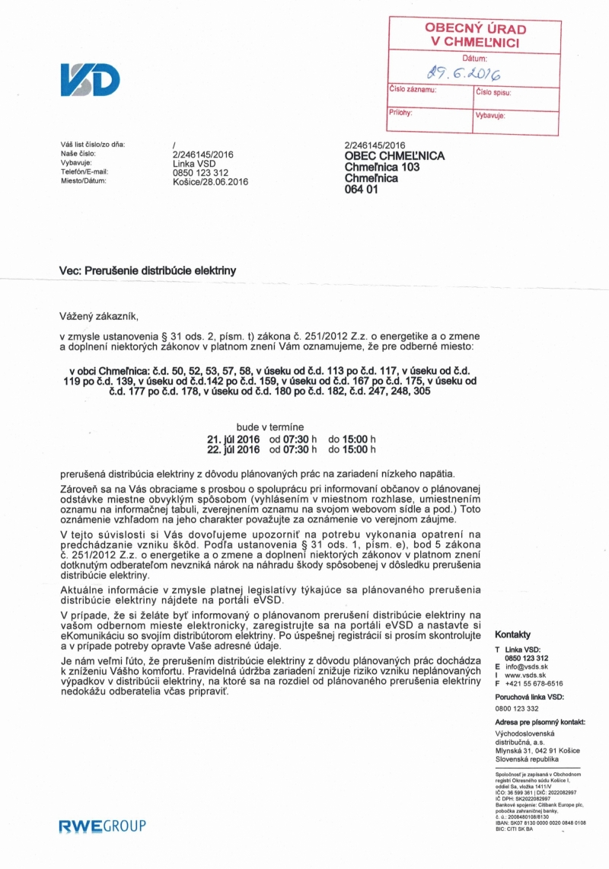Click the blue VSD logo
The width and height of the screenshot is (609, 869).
tap(90, 80)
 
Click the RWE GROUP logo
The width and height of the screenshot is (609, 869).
tap(102, 826)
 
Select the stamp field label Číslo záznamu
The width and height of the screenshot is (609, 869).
tap(413, 90)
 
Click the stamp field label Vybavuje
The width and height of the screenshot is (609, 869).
tap(491, 116)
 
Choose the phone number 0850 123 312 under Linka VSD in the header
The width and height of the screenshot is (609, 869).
tap(201, 173)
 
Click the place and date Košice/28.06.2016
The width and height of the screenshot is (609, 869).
tap(211, 182)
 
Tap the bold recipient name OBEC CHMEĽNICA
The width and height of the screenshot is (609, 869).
tap(394, 155)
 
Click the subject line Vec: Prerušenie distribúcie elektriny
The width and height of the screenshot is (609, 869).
tap(148, 270)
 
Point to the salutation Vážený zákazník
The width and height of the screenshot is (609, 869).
tap(100, 316)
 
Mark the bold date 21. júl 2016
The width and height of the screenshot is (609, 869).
tap(233, 439)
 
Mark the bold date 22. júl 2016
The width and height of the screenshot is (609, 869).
tap(233, 449)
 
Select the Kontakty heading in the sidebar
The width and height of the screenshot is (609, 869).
tap(512, 635)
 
